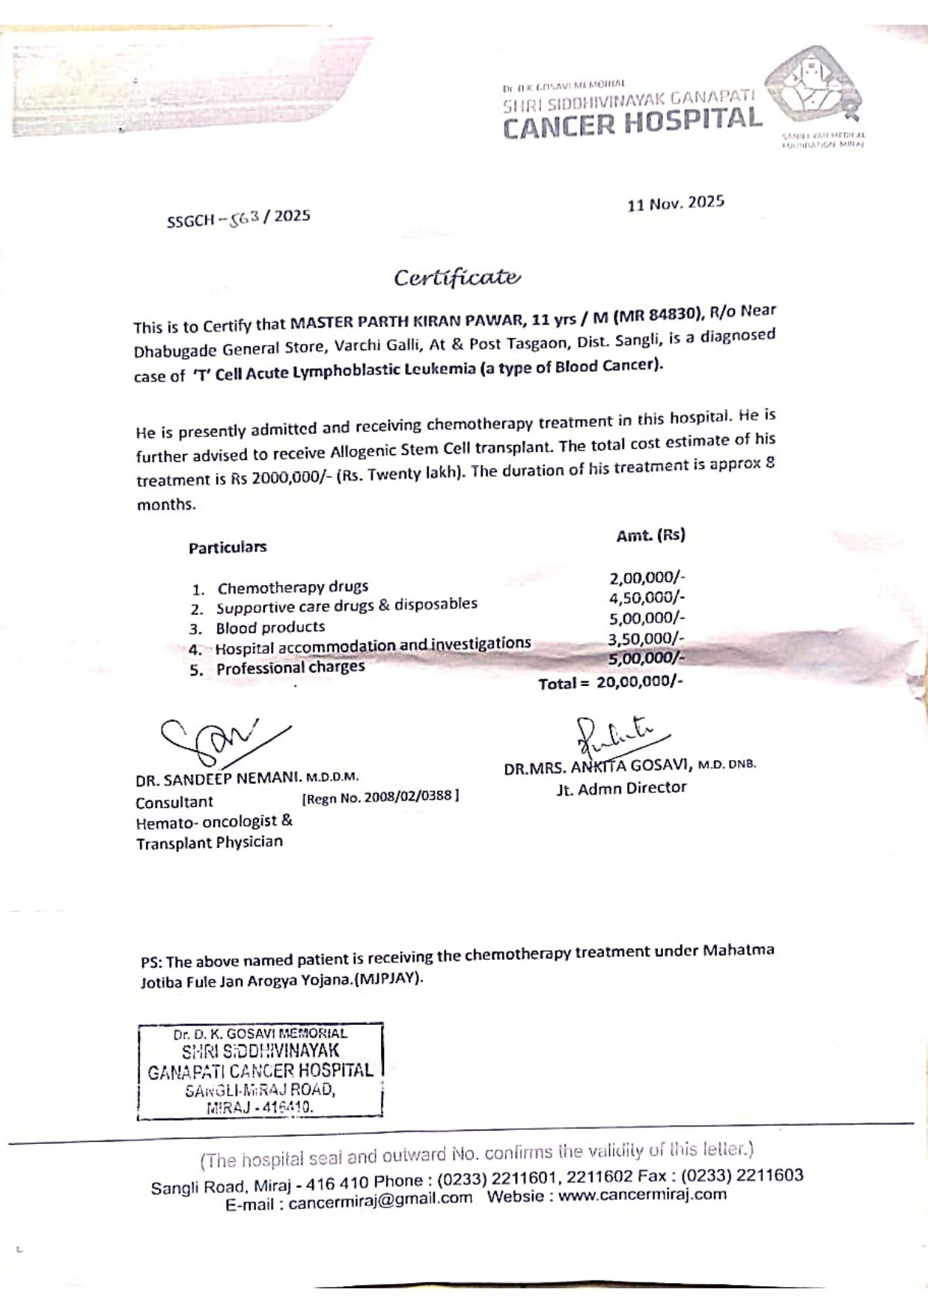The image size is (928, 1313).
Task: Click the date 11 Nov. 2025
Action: [676, 203]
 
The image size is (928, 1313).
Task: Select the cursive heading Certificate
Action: [457, 278]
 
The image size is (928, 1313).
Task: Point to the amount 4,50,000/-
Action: [647, 597]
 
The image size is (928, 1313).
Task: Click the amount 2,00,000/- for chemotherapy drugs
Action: [647, 577]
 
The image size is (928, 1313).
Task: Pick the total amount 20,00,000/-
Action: [639, 682]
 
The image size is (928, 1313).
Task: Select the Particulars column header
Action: [228, 547]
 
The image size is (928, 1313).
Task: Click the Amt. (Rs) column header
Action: [650, 535]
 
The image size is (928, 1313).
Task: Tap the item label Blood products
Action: [270, 627]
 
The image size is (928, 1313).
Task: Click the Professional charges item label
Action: [290, 667]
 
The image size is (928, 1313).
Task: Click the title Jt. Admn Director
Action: [621, 788]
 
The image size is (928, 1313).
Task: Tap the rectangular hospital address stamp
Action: [260, 1070]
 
